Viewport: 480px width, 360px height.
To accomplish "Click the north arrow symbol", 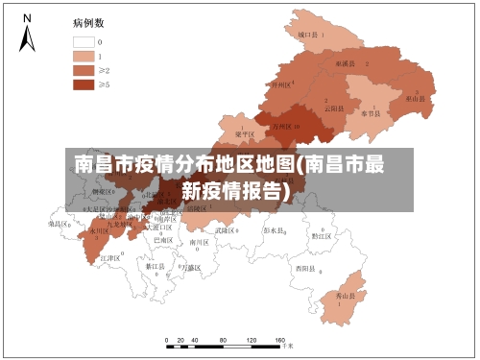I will click(28, 34).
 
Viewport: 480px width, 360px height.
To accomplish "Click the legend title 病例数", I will click(88, 21).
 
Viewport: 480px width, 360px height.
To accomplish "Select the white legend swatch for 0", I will click(83, 42).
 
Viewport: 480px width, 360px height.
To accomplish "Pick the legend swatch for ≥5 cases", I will click(83, 84).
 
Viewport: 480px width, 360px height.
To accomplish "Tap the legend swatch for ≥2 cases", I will click(83, 70).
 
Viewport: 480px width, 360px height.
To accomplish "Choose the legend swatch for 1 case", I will click(83, 57).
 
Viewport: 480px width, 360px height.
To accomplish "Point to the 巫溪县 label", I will click(345, 63).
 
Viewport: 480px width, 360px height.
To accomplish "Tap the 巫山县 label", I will click(415, 98).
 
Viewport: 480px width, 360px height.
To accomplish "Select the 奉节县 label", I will click(371, 112).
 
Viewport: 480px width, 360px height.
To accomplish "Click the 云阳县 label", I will click(334, 107).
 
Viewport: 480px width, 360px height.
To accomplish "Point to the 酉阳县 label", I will click(306, 268).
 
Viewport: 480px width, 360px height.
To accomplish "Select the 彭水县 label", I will click(275, 231).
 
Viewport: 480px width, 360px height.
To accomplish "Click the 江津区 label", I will click(109, 258).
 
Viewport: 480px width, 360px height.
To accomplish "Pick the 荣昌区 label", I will click(60, 223).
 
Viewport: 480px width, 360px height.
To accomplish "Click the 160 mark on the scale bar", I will click(279, 341).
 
